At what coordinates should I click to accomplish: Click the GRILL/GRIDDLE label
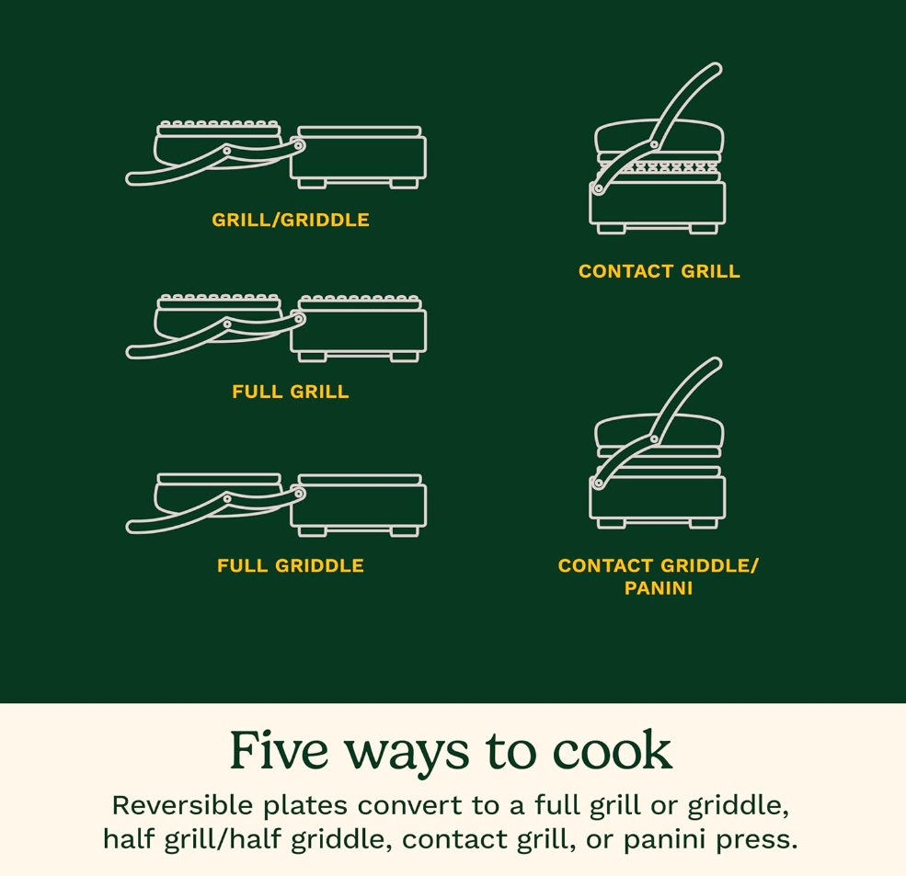point(291,220)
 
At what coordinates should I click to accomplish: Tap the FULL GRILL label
point(291,392)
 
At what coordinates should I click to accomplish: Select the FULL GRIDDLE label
point(291,565)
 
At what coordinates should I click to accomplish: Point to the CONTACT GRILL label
point(659,271)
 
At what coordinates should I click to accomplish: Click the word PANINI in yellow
point(659,588)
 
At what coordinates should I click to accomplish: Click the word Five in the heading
point(280,750)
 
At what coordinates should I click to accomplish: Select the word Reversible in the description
point(182,805)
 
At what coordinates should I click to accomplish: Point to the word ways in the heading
point(407,755)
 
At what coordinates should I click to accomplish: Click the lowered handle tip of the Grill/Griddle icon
point(132,179)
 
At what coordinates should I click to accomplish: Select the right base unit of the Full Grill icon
point(359,331)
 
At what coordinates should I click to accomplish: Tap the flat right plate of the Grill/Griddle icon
point(360,131)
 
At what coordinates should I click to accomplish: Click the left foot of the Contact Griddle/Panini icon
point(611,523)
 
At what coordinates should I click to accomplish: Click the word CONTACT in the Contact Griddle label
point(605,565)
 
